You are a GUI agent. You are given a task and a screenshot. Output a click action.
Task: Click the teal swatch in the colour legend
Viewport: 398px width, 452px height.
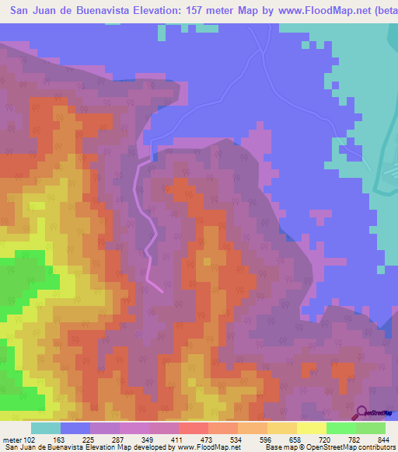point(46,428)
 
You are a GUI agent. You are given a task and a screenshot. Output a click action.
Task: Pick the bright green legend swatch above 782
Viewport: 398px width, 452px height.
point(340,428)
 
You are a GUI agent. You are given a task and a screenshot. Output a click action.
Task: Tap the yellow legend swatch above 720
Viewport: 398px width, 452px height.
point(311,428)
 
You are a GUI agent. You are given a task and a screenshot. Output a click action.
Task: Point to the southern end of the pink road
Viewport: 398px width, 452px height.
point(162,291)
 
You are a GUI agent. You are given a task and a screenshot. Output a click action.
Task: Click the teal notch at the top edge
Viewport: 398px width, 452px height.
point(162,33)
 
